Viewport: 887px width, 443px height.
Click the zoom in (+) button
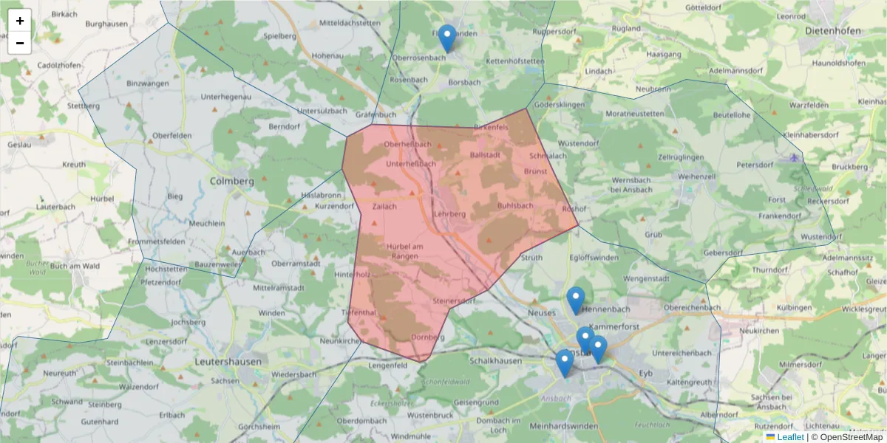[20, 21]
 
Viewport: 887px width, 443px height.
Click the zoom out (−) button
[20, 43]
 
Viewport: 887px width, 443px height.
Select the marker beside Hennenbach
[576, 300]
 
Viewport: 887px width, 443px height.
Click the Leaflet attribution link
[789, 437]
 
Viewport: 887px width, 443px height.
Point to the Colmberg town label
[231, 181]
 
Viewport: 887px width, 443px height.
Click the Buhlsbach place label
[515, 205]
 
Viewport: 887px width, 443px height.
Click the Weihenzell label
[698, 177]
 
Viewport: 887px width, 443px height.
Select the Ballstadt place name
[486, 155]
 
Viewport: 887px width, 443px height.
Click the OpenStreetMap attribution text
[851, 437]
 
